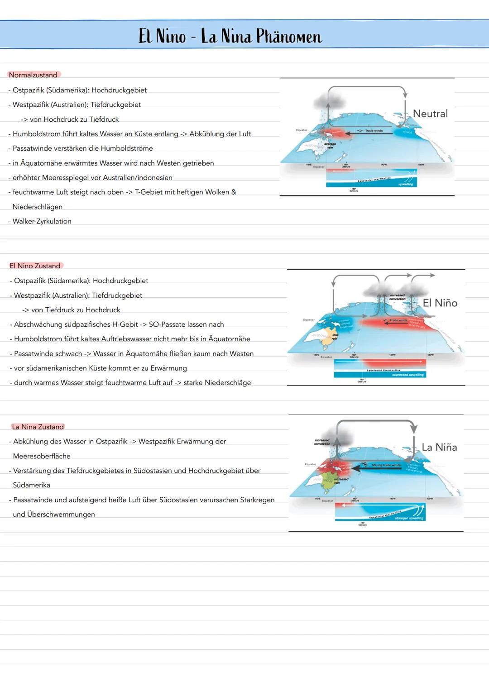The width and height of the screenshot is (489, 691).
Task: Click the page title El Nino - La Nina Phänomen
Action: click(230, 36)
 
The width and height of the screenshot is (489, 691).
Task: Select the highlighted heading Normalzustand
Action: click(33, 75)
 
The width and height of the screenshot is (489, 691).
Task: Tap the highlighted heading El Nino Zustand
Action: click(35, 266)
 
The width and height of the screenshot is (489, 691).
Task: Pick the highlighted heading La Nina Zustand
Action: click(38, 427)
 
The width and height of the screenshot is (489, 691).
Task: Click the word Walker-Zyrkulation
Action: click(42, 221)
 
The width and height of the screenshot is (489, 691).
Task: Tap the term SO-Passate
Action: click(168, 324)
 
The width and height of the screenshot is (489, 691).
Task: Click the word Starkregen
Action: click(257, 500)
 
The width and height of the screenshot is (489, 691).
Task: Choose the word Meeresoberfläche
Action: click(42, 456)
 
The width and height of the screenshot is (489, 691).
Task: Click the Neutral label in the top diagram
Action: click(430, 114)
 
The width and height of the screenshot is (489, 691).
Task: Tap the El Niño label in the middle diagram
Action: click(440, 303)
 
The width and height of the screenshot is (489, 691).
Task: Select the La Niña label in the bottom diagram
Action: click(439, 447)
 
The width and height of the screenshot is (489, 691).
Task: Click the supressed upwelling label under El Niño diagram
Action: click(407, 375)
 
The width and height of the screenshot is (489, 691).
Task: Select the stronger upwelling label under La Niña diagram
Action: click(408, 518)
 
